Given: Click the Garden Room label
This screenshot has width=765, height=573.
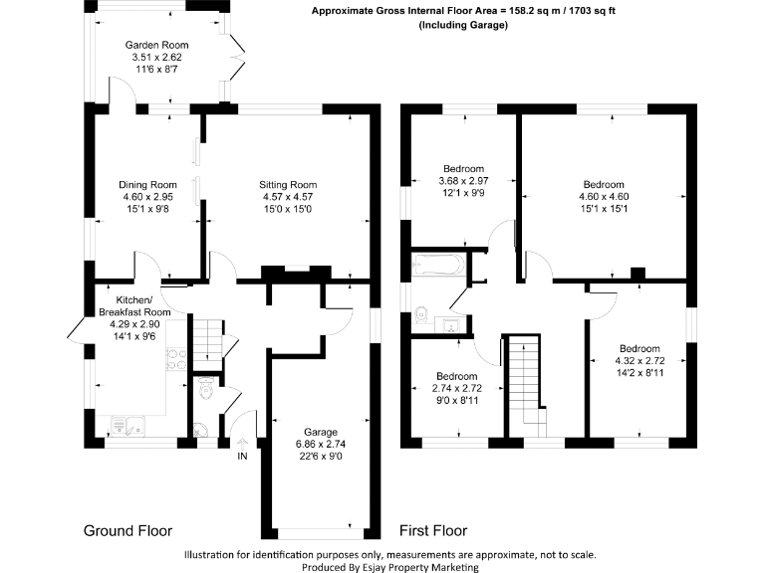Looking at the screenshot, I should click(x=156, y=46).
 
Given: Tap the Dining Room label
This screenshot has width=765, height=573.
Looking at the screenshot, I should click(x=147, y=184).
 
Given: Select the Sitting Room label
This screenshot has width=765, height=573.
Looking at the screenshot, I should click(x=287, y=184).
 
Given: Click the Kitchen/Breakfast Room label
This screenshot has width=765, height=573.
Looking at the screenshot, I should click(x=134, y=306).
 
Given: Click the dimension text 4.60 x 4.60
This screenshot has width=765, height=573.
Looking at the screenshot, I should click(x=604, y=197).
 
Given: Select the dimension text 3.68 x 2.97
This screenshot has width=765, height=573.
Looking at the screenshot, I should click(x=464, y=180).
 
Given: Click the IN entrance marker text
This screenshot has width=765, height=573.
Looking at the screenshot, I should click(x=242, y=457).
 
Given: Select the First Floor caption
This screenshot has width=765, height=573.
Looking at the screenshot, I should click(x=432, y=530).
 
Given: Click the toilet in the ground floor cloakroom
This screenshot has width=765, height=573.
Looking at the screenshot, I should click(x=207, y=392).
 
